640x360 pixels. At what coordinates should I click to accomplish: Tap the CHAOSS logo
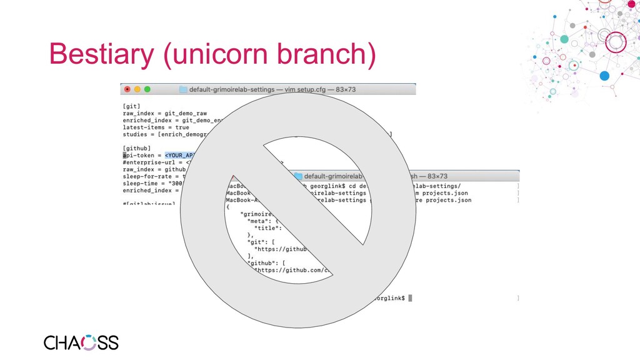pos(81,342)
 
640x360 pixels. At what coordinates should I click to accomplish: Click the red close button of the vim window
pos(127,89)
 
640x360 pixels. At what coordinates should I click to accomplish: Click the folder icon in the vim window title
pos(183,89)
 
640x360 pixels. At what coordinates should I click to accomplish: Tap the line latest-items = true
pos(156,127)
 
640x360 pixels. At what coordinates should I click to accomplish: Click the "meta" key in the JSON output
pos(256,221)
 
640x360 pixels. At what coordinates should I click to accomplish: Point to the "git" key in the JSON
pos(258,242)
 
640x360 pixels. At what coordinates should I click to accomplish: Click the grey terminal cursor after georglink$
pos(410,298)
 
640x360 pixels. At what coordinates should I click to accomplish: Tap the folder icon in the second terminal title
pos(298,176)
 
